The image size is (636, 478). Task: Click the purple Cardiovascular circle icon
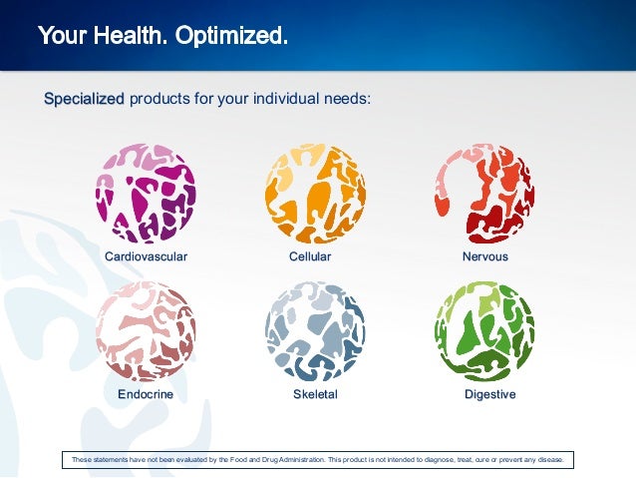tap(146, 194)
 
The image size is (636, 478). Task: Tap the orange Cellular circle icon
tap(315, 194)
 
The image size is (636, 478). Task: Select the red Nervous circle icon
tap(484, 194)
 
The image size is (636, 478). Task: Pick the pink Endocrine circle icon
tap(146, 331)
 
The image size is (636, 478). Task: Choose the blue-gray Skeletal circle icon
tap(315, 331)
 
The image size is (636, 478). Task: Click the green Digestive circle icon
tap(484, 331)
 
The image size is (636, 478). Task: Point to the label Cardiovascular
tap(146, 256)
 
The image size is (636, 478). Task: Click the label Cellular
tap(310, 256)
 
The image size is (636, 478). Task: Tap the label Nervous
tap(484, 256)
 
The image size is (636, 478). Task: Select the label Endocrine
tap(146, 394)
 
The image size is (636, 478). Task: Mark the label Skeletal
tap(315, 394)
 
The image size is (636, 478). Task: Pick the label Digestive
tap(489, 394)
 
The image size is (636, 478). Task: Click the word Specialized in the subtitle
tap(84, 99)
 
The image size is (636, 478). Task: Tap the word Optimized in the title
tap(232, 37)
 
